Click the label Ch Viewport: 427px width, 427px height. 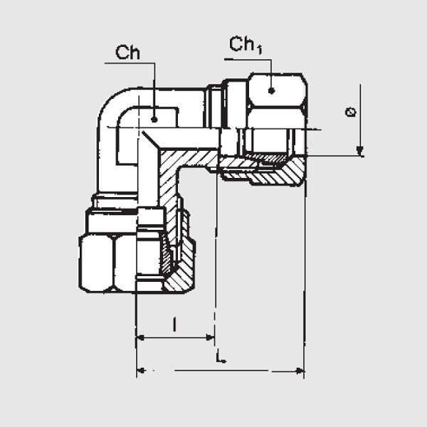point(128,52)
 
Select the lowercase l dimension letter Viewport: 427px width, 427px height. point(174,325)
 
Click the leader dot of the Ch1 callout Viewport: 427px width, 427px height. point(271,90)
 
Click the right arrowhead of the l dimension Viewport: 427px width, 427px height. point(210,337)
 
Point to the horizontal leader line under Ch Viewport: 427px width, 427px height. point(130,63)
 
